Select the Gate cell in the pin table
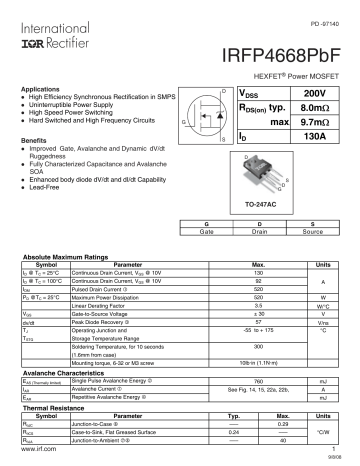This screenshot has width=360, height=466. pyautogui.click(x=206, y=231)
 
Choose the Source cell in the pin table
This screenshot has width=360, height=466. pyautogui.click(x=313, y=231)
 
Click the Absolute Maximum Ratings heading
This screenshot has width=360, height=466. pyautogui.click(x=61, y=257)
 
